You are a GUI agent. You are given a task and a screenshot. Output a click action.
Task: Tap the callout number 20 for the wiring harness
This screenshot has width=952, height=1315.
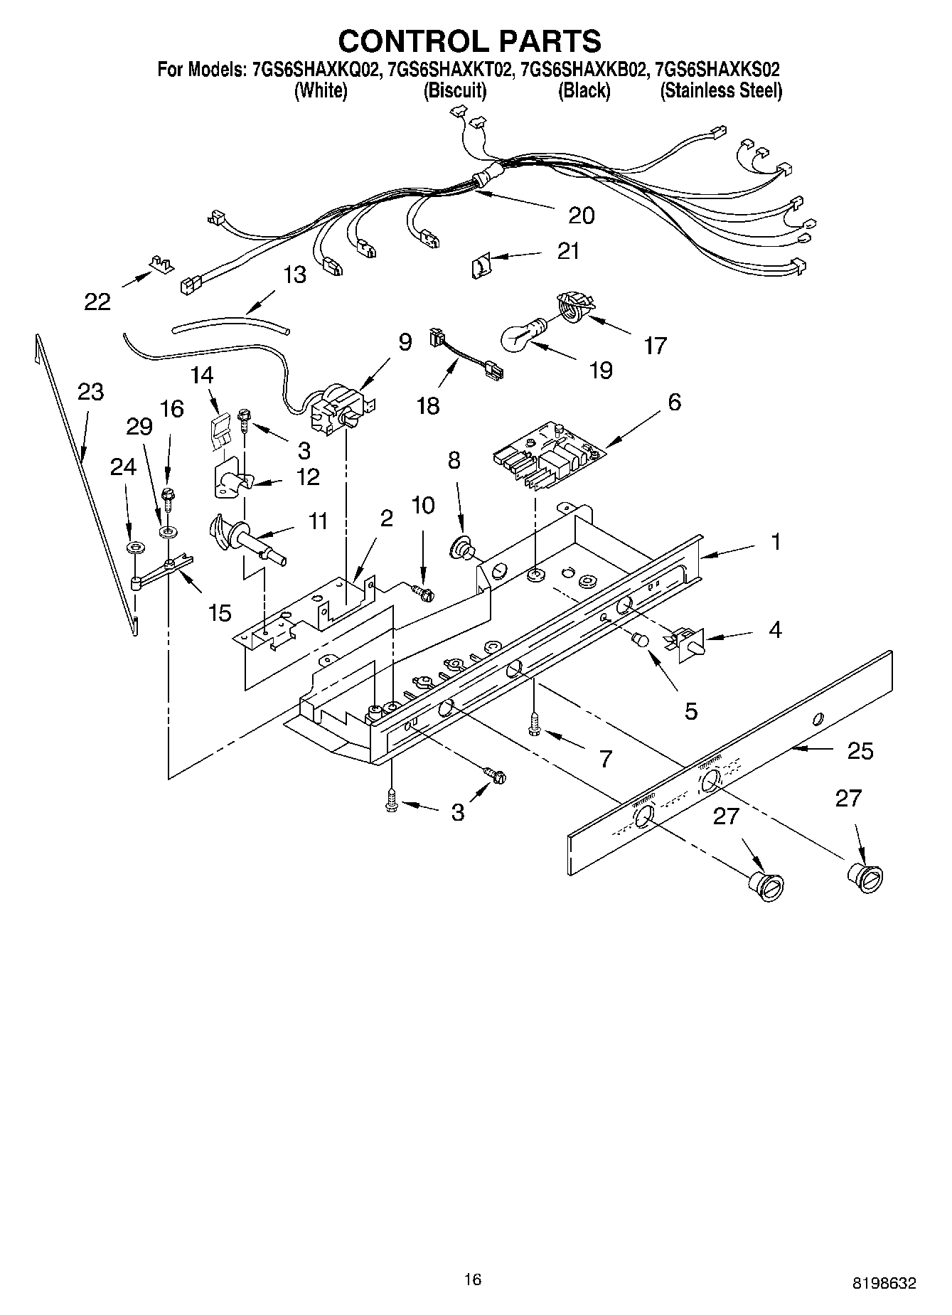[x=581, y=215]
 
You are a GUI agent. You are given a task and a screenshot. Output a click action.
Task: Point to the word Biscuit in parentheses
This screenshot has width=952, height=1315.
[x=455, y=91]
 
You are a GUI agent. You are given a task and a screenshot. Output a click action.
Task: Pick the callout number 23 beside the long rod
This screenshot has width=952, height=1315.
[x=90, y=392]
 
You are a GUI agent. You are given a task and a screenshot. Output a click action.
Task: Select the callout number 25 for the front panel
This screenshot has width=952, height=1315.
[x=860, y=750]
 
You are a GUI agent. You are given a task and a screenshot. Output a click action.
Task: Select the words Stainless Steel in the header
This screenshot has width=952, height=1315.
[x=721, y=91]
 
